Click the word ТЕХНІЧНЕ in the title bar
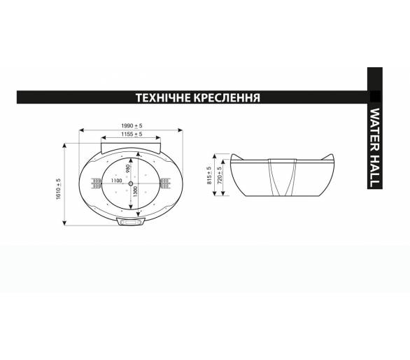[163, 97]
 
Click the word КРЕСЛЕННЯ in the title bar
[227, 97]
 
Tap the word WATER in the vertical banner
[375, 130]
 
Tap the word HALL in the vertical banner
[375, 170]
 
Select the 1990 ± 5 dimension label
[132, 125]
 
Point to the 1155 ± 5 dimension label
[132, 134]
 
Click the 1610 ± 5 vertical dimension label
[58, 189]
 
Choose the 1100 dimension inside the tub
[116, 181]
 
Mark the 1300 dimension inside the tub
[135, 191]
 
